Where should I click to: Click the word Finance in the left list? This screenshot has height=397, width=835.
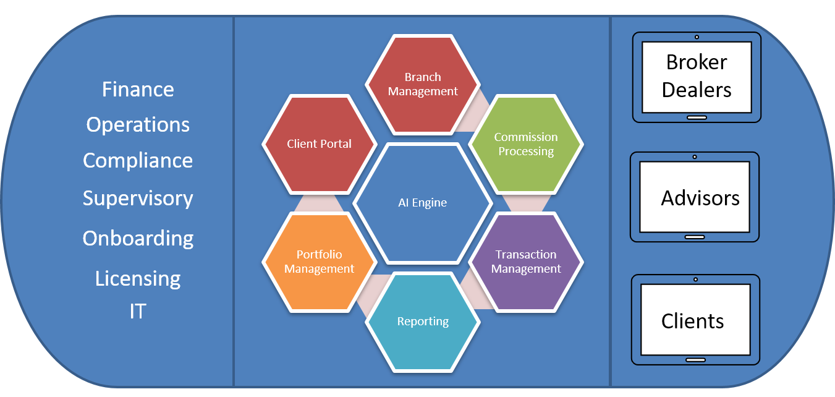(138, 90)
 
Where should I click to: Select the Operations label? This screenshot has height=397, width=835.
(138, 125)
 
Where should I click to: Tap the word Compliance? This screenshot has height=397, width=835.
(138, 161)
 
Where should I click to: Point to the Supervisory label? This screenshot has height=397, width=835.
(138, 198)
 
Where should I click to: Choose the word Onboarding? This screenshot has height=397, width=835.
(138, 239)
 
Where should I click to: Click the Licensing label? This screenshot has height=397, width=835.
(138, 279)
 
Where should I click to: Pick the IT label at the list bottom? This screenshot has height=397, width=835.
(138, 311)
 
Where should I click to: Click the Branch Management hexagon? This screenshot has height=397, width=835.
(423, 84)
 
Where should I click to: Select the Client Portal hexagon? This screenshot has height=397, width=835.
(319, 144)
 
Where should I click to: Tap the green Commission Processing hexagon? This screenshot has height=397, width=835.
(526, 144)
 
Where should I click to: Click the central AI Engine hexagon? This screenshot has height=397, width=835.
(423, 203)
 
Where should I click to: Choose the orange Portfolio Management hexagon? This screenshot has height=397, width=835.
(319, 262)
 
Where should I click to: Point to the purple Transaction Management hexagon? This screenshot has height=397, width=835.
(526, 262)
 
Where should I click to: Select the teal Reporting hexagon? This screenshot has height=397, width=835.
(423, 322)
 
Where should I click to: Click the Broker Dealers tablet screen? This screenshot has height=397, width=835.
(697, 77)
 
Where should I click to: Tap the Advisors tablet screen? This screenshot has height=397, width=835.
(695, 197)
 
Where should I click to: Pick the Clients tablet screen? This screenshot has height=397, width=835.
(695, 319)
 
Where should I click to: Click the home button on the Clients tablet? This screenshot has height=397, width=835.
(695, 360)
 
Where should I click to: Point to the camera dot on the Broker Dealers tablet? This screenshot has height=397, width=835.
(697, 37)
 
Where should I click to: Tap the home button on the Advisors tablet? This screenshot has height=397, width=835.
(695, 237)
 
